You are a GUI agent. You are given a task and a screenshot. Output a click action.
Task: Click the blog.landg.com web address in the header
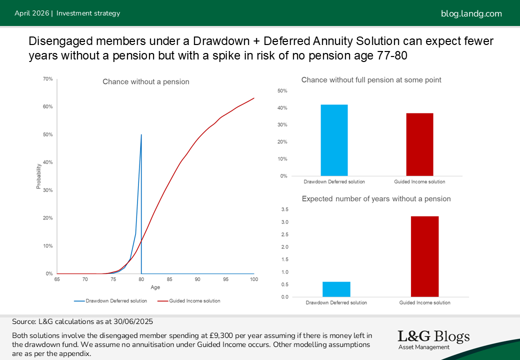click(471, 13)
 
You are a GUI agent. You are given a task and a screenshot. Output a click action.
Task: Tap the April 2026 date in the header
click(31, 13)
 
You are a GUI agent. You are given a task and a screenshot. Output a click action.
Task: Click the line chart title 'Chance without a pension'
click(146, 81)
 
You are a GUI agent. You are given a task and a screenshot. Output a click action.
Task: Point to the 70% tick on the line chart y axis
click(48, 79)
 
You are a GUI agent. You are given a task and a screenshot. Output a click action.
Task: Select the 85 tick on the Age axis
click(169, 279)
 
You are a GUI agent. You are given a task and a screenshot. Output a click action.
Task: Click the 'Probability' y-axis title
click(38, 176)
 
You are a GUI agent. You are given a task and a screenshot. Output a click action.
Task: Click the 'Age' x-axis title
click(155, 287)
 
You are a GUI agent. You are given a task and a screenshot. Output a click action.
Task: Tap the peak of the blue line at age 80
click(141, 135)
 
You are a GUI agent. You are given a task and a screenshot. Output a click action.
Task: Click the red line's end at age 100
click(254, 98)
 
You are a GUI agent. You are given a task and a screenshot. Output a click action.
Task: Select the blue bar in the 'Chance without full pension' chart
click(334, 140)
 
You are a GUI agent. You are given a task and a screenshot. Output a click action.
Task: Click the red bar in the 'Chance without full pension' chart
click(419, 144)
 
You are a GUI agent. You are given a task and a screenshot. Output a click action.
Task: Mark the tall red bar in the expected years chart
click(424, 256)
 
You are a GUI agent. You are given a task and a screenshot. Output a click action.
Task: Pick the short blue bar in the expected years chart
click(336, 289)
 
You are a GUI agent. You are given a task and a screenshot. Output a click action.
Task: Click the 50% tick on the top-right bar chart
click(282, 91)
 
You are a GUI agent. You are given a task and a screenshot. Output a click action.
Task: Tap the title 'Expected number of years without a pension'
click(376, 199)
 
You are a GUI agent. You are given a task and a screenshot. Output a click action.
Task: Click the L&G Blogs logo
click(433, 339)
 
